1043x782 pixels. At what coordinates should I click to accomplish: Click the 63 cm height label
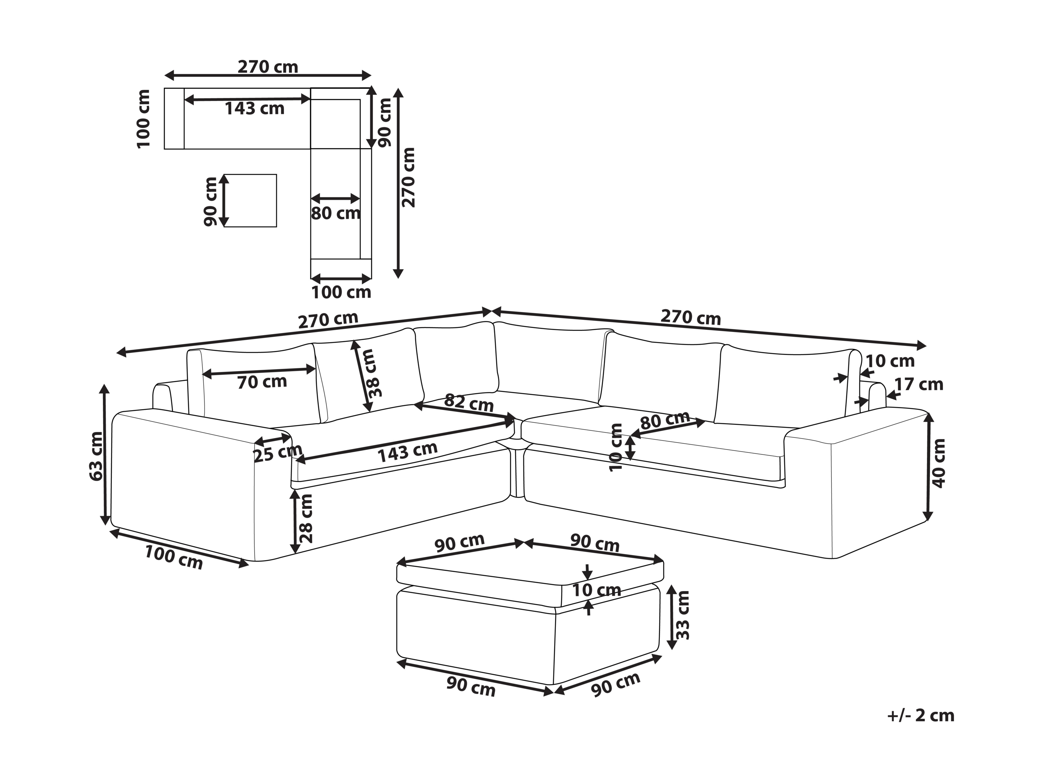(x=96, y=456)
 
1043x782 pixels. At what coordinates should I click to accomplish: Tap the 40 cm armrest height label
(x=939, y=463)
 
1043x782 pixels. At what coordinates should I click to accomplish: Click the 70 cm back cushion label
(x=262, y=382)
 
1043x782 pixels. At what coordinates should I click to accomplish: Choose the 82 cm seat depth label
(x=469, y=403)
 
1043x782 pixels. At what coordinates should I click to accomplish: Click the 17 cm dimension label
(x=919, y=385)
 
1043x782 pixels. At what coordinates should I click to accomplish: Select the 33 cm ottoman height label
(x=682, y=615)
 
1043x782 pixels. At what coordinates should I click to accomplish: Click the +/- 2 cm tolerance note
(x=921, y=716)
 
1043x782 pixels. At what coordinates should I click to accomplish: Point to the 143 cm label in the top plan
(x=255, y=109)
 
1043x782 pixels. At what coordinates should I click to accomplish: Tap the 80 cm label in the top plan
(x=336, y=213)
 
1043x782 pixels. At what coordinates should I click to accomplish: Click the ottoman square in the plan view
(x=250, y=200)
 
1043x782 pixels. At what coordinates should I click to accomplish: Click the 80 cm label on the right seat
(x=665, y=420)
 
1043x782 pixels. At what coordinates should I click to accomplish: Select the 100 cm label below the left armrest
(x=174, y=557)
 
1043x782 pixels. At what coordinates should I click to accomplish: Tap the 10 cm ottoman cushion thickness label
(x=596, y=590)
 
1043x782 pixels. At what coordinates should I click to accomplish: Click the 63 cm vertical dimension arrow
(x=105, y=455)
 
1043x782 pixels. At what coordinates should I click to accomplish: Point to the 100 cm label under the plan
(x=341, y=293)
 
